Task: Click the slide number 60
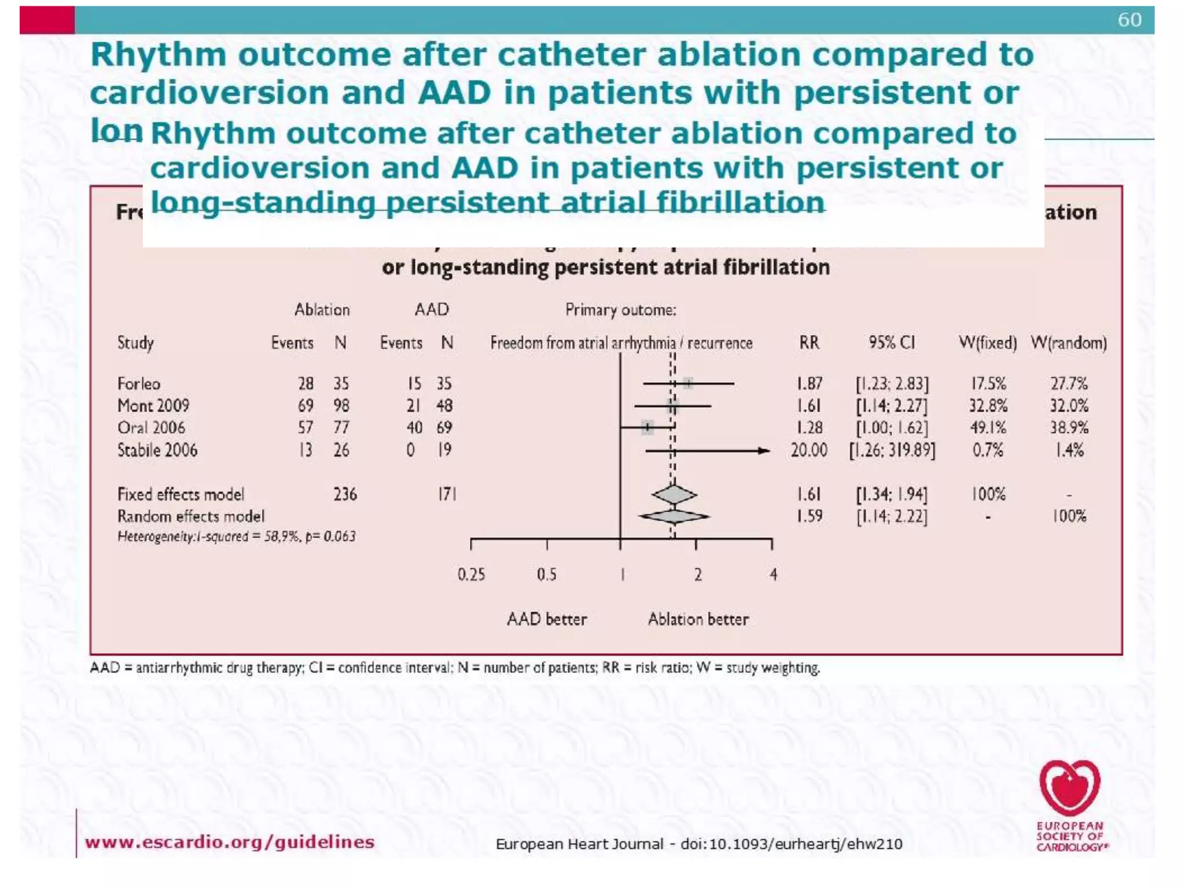1129,20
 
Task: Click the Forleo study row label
138,384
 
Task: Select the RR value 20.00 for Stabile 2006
808,450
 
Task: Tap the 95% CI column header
891,343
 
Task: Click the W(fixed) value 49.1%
988,428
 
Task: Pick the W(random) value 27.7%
1069,384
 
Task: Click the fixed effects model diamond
674,495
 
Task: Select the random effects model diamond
674,516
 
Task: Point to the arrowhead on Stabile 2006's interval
765,450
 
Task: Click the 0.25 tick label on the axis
471,575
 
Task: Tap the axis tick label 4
773,575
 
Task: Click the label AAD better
546,619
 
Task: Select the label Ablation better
698,619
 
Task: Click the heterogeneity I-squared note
236,537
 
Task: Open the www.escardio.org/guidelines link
229,842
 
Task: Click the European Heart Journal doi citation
698,844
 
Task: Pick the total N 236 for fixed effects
345,494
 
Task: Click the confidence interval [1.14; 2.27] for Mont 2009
891,406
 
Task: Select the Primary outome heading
620,310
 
